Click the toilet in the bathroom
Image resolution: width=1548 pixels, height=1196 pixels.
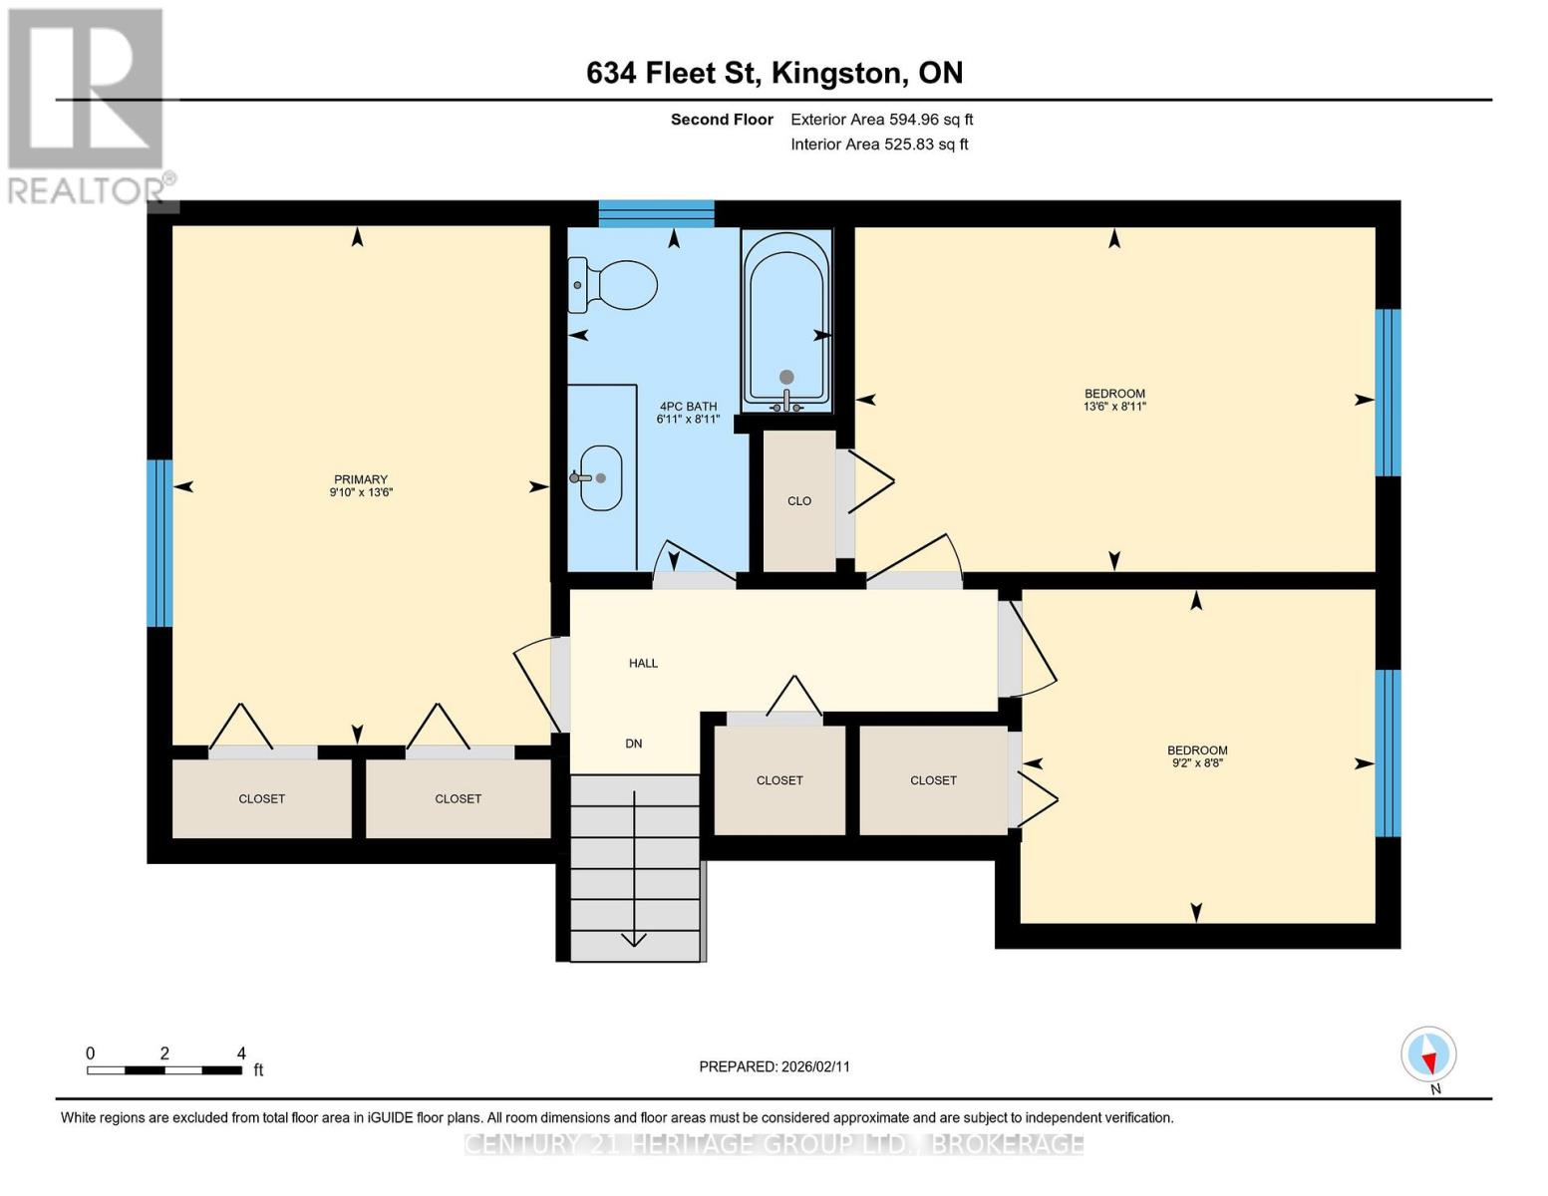[612, 285]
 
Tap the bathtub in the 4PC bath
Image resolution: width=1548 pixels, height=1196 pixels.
[786, 321]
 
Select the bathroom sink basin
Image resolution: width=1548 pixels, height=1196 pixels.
[600, 478]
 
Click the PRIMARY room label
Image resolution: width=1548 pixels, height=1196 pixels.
[361, 479]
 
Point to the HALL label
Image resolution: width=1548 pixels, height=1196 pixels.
[643, 663]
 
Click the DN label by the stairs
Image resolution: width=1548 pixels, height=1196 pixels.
[633, 744]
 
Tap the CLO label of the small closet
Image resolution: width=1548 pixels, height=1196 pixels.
[799, 500]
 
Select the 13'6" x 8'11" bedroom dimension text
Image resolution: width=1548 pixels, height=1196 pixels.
[1114, 407]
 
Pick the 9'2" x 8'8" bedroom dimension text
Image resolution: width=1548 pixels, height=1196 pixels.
[1197, 762]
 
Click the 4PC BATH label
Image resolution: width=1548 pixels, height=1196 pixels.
[688, 406]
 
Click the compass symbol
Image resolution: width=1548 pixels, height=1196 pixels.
[1428, 1054]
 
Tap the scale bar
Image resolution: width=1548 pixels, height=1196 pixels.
[164, 1070]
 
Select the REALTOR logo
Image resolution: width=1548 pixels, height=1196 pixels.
[89, 107]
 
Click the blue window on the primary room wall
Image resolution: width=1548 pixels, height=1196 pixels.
[159, 543]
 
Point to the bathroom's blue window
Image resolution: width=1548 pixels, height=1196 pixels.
[656, 213]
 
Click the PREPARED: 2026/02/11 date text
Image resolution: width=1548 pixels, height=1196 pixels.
[774, 1066]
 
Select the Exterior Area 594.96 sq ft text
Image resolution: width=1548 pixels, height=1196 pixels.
[882, 120]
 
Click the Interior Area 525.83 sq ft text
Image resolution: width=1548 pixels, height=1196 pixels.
[880, 145]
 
